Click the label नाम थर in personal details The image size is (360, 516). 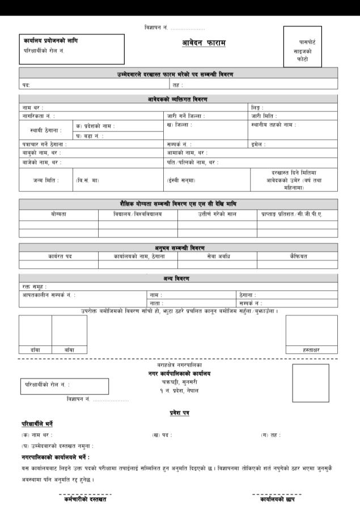point(32,108)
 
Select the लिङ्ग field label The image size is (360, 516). point(258,108)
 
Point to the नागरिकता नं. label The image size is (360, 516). point(39,116)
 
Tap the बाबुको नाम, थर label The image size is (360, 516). point(41,153)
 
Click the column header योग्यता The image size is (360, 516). point(58,214)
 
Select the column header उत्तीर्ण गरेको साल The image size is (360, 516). point(217,214)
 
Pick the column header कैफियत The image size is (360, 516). point(298,256)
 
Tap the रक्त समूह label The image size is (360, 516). point(35,287)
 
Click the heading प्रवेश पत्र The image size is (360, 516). point(180,412)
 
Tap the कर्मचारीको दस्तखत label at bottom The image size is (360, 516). point(85,499)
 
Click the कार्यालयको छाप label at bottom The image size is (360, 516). point(277,499)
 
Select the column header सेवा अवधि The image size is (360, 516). point(217,256)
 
